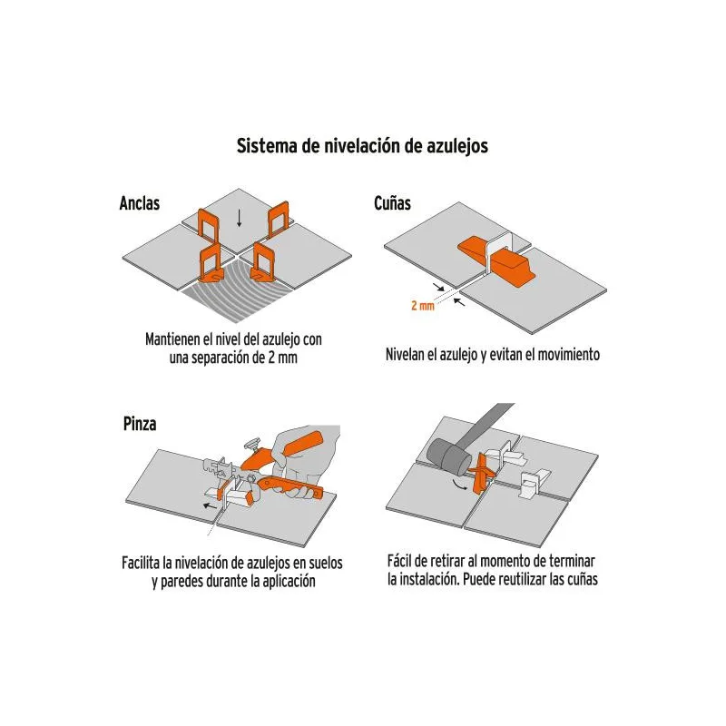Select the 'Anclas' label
pyautogui.click(x=140, y=202)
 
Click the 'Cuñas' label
pyautogui.click(x=392, y=202)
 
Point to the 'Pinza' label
pyautogui.click(x=140, y=424)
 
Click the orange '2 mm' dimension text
pyautogui.click(x=423, y=306)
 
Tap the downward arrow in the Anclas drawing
pyautogui.click(x=239, y=218)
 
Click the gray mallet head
pyautogui.click(x=449, y=456)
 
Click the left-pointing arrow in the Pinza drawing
pyautogui.click(x=210, y=505)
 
